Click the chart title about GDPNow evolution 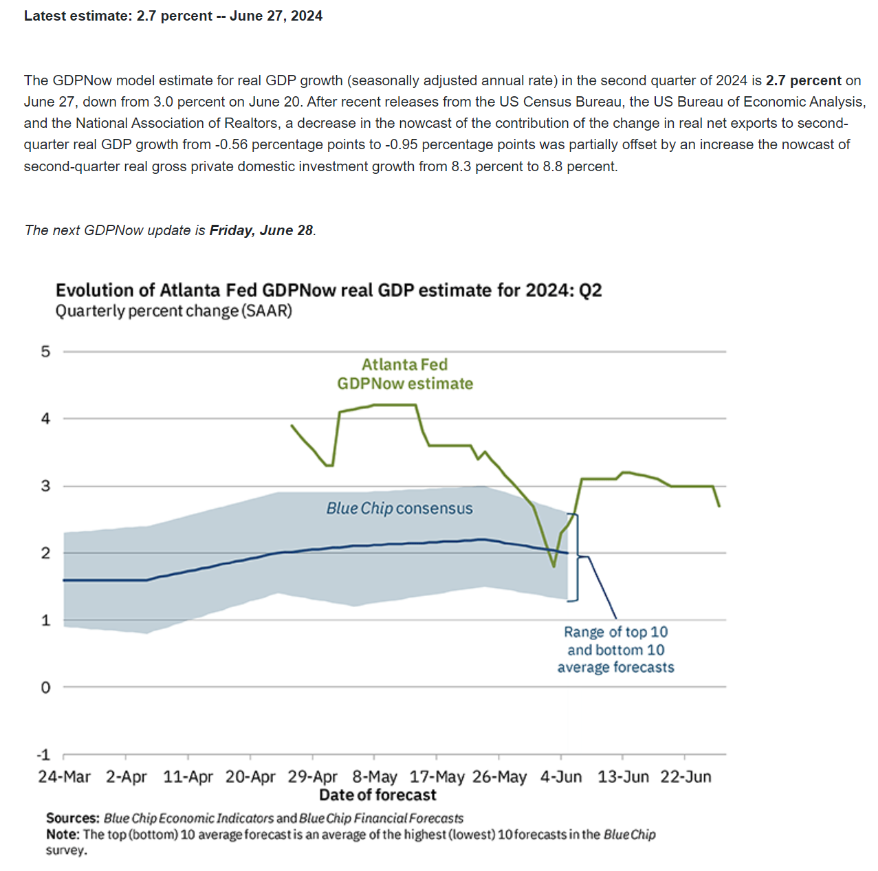(329, 290)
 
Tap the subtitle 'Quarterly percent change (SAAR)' (173, 311)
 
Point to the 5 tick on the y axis (45, 351)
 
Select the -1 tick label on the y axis (43, 755)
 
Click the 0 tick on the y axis (45, 687)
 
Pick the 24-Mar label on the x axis (64, 777)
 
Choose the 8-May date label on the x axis (375, 777)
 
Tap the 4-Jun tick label (561, 777)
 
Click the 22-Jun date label (685, 777)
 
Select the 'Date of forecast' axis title (377, 795)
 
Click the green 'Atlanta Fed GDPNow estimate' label (405, 374)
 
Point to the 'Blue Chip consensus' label (399, 508)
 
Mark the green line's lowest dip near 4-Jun (553, 566)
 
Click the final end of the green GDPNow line (719, 506)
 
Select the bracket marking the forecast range (576, 557)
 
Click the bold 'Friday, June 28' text (261, 230)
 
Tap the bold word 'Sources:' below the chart (73, 818)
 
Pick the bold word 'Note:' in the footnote (63, 835)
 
